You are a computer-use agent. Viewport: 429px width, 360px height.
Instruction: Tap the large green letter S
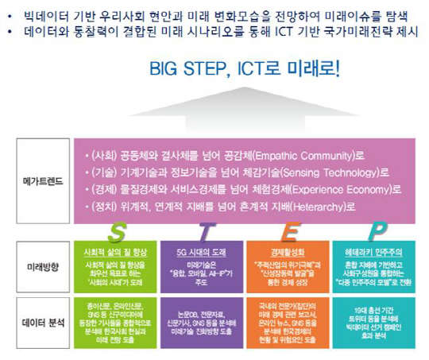(120, 231)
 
